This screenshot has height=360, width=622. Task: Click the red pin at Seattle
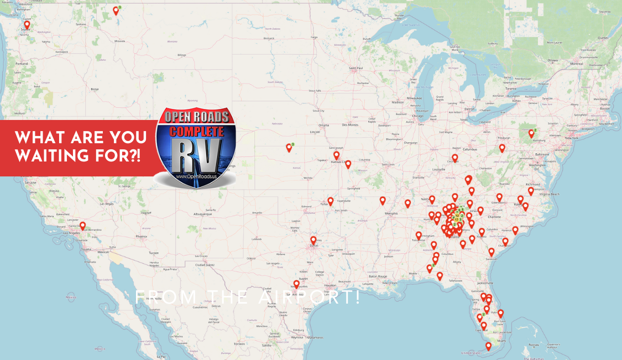tap(27, 25)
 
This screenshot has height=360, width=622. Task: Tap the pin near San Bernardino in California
tap(82, 226)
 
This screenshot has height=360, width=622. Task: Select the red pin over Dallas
tap(313, 240)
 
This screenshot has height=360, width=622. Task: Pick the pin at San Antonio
tap(296, 284)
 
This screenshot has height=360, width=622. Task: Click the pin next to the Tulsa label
tap(331, 201)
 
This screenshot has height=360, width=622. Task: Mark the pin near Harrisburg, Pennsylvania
tap(531, 133)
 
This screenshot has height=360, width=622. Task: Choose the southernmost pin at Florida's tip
tap(488, 346)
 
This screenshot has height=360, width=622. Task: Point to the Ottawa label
tap(553, 60)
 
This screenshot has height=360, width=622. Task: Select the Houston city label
tap(330, 285)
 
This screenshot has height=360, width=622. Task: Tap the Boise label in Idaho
tap(95, 88)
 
